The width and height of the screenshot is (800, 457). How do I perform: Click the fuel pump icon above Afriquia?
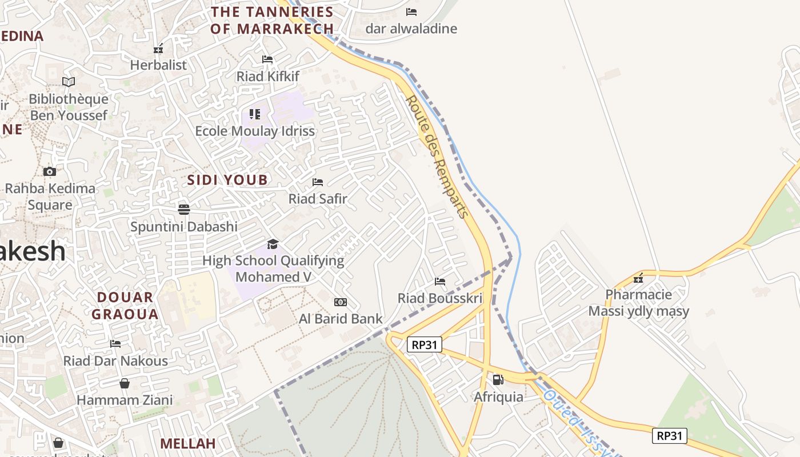click(x=498, y=379)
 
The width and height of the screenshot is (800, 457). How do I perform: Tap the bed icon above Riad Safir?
click(x=318, y=182)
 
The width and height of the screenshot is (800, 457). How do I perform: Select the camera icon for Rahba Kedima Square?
click(x=50, y=171)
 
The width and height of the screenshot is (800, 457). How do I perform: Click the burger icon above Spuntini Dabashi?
click(x=183, y=209)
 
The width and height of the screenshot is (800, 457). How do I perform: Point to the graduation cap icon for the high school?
click(x=273, y=244)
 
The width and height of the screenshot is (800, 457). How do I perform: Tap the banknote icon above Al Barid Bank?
click(x=340, y=302)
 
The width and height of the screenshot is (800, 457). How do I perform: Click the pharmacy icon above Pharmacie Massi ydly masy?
click(x=638, y=278)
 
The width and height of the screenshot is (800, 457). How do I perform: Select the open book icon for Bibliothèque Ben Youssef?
click(x=69, y=82)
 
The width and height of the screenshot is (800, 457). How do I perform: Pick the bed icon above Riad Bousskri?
click(x=440, y=281)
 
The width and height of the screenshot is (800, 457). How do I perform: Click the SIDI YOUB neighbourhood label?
click(x=227, y=180)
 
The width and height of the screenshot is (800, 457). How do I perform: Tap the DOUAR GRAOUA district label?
click(x=125, y=306)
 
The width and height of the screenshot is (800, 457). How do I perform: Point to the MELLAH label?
click(x=187, y=443)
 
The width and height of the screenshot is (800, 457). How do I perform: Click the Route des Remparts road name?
click(x=437, y=157)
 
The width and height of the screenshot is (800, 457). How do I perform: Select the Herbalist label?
click(x=158, y=65)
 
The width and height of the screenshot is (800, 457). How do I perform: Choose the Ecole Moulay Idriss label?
click(x=255, y=131)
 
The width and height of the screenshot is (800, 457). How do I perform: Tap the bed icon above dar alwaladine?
click(x=411, y=11)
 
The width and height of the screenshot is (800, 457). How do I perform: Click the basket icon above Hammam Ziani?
click(x=124, y=383)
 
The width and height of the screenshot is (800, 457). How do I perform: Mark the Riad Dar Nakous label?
click(x=115, y=361)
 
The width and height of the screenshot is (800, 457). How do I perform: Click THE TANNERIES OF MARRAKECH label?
click(x=272, y=20)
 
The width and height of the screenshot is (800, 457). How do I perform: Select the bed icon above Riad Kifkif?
click(x=267, y=59)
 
